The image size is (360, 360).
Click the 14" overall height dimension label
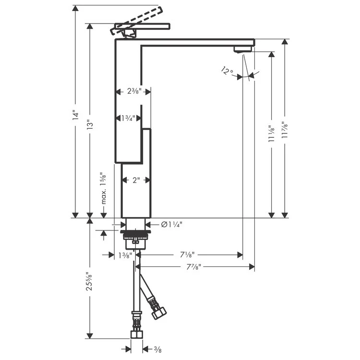(x=75, y=117)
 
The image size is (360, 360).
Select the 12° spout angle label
(x=227, y=72)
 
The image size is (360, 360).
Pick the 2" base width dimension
(x=136, y=180)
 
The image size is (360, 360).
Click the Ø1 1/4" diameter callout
(x=170, y=224)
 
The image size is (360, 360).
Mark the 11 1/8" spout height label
(x=272, y=134)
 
